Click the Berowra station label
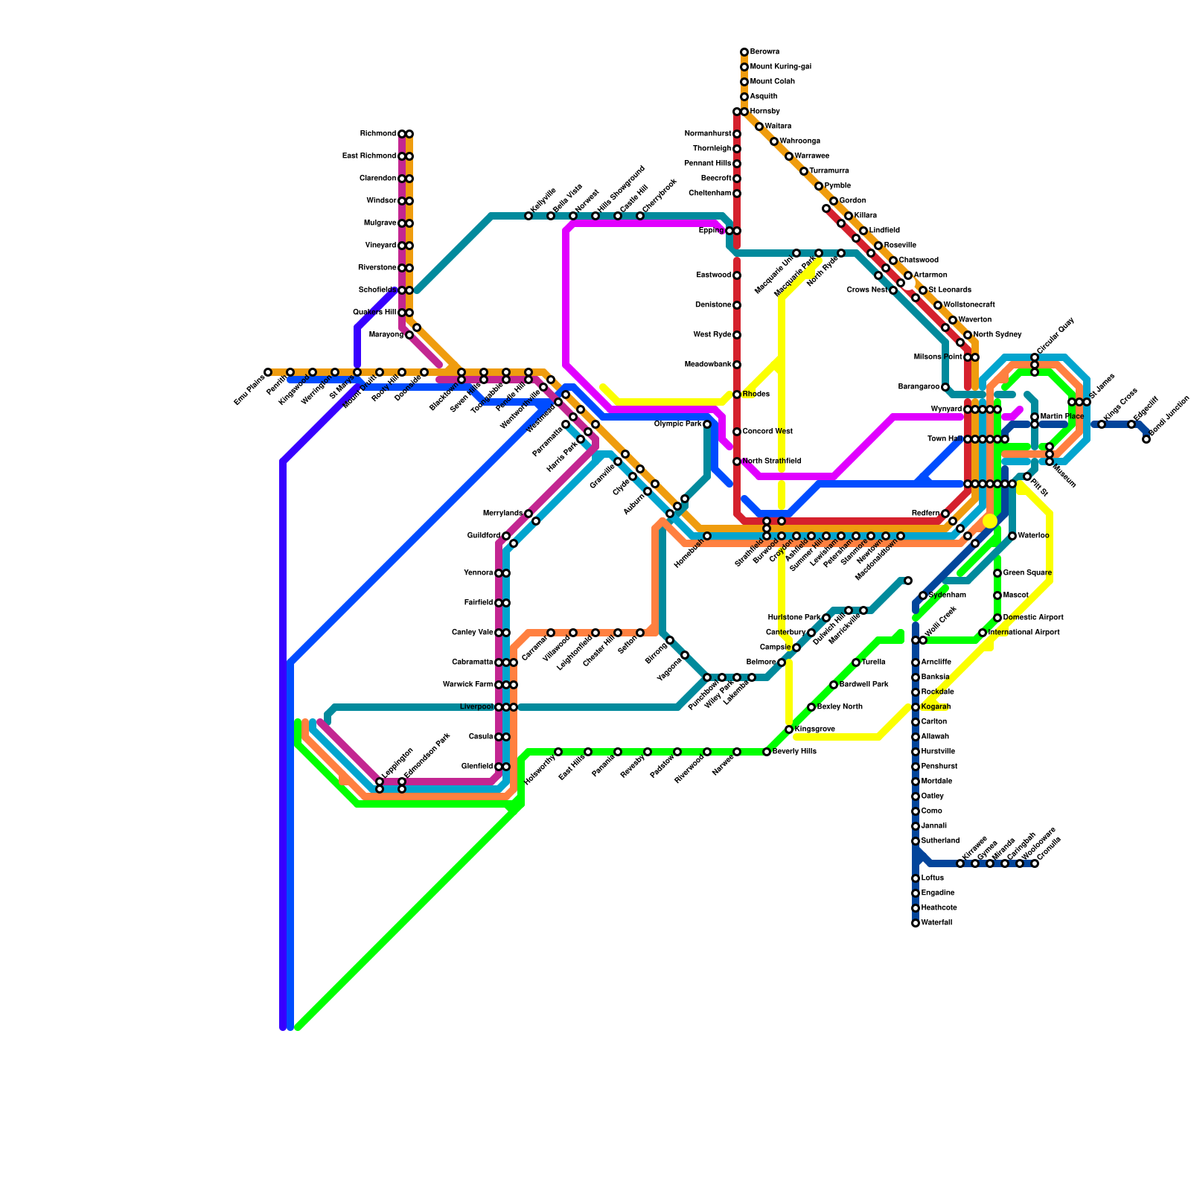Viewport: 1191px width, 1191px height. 764,52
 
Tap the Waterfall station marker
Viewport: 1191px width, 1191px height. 916,923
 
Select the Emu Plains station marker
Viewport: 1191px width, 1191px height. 268,372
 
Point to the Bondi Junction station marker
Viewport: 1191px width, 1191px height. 1146,439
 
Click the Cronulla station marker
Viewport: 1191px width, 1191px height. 1035,863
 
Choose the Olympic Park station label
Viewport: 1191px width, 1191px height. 677,424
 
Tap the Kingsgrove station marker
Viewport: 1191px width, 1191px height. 789,729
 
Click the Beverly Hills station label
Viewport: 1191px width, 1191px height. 794,752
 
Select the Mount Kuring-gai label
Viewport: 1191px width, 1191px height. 780,67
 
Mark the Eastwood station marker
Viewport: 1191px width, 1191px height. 737,275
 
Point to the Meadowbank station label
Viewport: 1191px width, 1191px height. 708,365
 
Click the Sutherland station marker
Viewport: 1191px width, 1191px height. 916,841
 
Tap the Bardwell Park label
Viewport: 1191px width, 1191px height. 863,685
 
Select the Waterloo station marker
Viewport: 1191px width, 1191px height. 1012,536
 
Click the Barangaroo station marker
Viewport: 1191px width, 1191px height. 945,387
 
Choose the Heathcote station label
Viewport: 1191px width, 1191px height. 939,908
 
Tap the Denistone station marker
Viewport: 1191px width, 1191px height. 737,305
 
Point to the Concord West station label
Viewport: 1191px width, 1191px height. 767,432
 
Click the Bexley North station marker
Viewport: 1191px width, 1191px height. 811,707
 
